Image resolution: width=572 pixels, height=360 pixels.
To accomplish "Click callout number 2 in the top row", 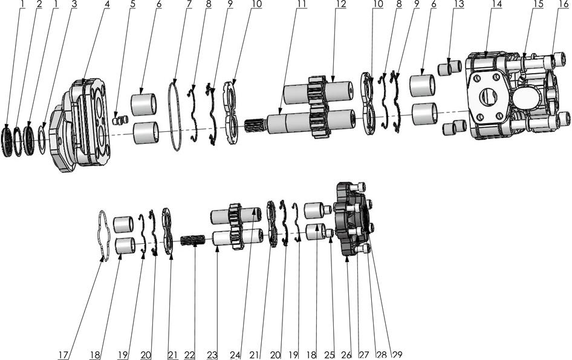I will (x=39, y=5).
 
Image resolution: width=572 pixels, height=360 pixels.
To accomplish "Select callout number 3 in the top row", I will (x=74, y=5).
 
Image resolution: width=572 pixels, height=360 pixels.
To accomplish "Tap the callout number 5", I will (x=132, y=5).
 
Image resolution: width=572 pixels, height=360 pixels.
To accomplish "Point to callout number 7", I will (x=189, y=5).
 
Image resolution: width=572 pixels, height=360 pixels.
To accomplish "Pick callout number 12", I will (x=341, y=5).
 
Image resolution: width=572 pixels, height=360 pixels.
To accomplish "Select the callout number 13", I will (x=460, y=5).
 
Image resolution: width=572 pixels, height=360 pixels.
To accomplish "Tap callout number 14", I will (x=497, y=5).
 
